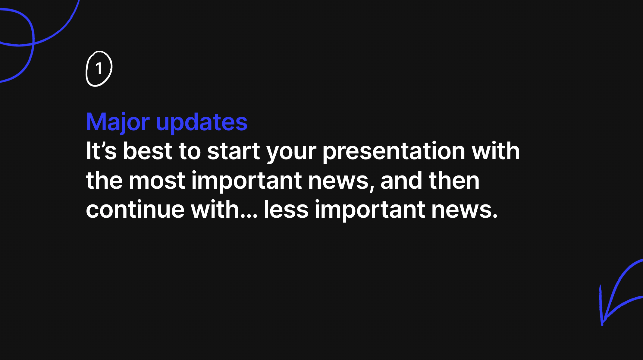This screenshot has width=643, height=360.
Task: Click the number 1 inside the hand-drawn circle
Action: coord(99,69)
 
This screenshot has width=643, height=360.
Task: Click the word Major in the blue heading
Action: coord(118,122)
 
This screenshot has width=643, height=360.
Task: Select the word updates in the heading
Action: coord(202,122)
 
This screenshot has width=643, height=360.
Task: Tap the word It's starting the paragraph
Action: coord(101,151)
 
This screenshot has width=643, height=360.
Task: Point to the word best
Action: coord(147,151)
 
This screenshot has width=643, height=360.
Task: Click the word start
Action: coord(234,151)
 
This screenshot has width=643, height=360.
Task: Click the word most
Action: coord(157,181)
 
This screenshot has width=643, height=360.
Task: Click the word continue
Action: coord(135,210)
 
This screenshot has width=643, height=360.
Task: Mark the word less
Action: coord(286,210)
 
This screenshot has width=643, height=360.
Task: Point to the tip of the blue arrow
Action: coord(602,324)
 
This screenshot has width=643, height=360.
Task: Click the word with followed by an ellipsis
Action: coord(215,210)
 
